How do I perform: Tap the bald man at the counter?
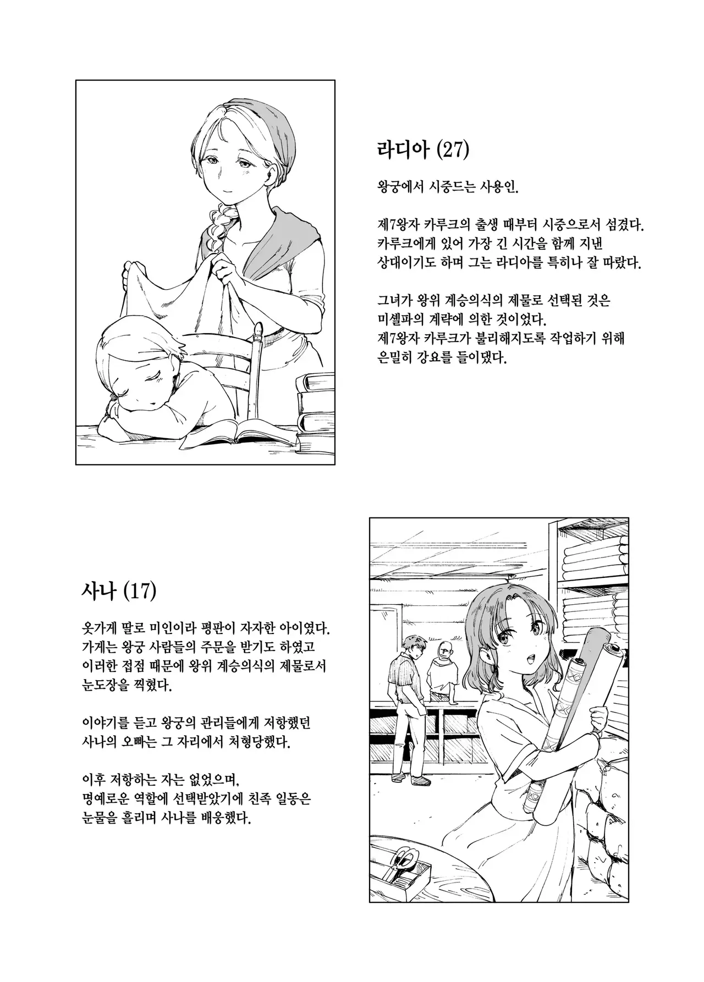tap(443, 668)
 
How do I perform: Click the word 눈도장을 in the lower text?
tap(102, 686)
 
